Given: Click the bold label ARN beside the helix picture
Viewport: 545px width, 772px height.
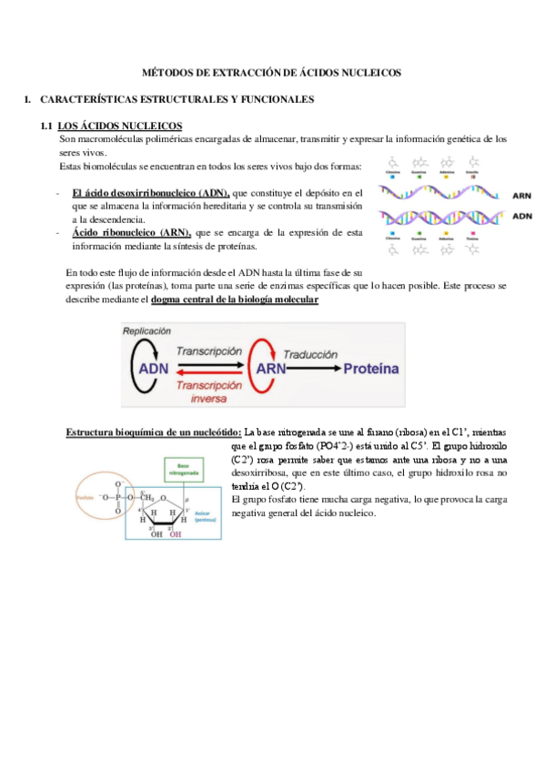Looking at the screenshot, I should (523, 195).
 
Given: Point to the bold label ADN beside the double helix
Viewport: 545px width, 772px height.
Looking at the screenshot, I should (523, 217).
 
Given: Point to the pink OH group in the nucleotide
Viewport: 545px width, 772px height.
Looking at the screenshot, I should (175, 535).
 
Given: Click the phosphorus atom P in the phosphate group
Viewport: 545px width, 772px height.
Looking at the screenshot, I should (117, 498).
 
